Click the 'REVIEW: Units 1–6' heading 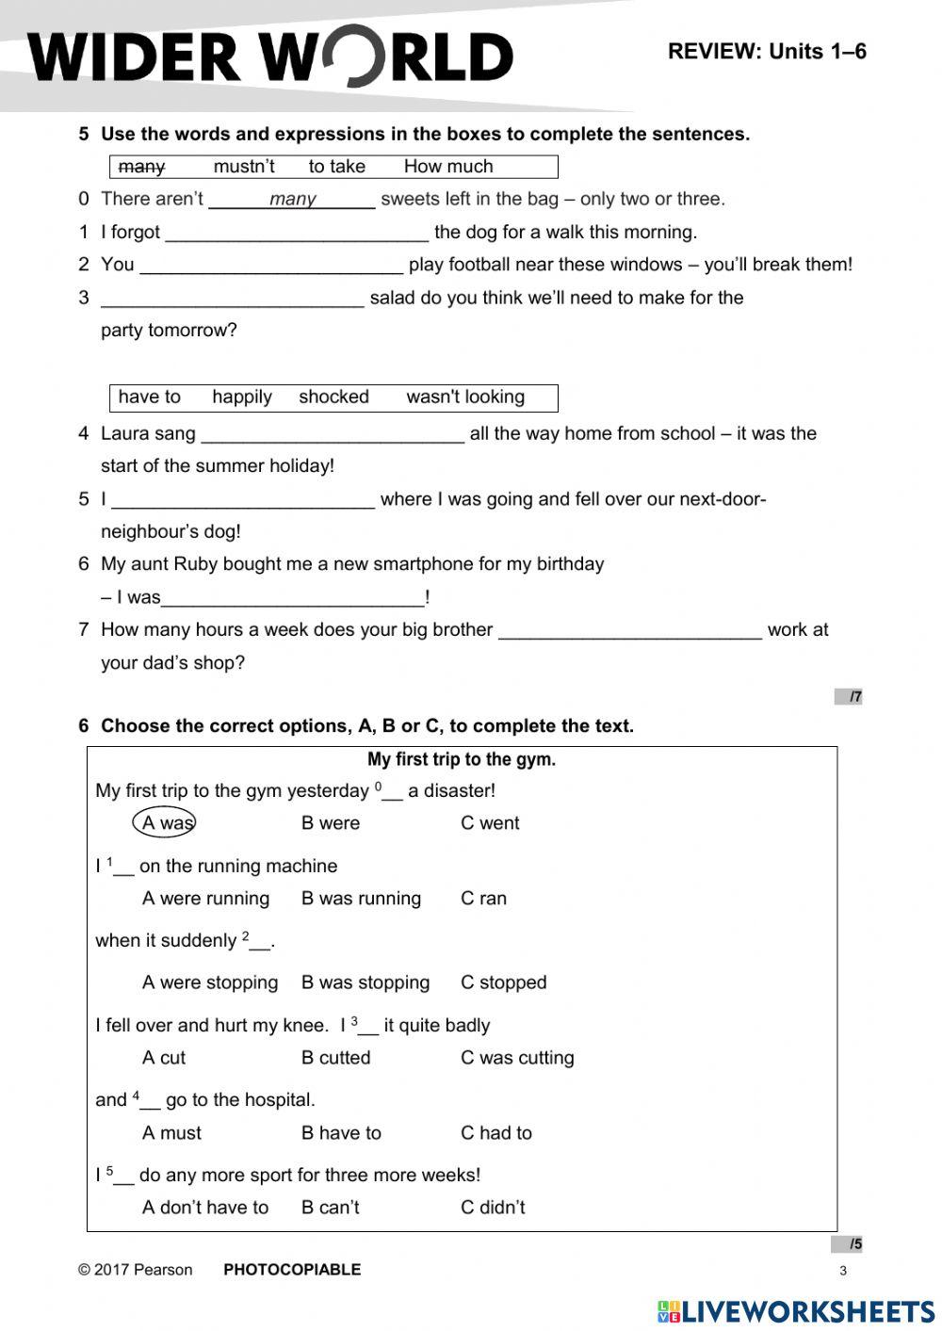tap(767, 52)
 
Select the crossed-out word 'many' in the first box tap(142, 167)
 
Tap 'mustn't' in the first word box tap(244, 167)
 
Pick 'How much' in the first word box tap(448, 167)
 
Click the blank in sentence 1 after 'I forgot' tap(297, 233)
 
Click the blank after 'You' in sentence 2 tap(271, 266)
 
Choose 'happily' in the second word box tap(242, 398)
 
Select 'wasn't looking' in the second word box tap(465, 398)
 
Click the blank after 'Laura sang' tap(333, 434)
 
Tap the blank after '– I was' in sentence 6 tap(293, 598)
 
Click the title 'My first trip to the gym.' tap(462, 760)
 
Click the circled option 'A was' tap(165, 823)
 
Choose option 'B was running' tap(361, 899)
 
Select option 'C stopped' tap(503, 982)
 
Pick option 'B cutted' tap(335, 1058)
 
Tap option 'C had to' tap(495, 1133)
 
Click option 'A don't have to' tap(205, 1208)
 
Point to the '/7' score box tap(849, 697)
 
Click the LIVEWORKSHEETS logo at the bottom tap(796, 1311)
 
